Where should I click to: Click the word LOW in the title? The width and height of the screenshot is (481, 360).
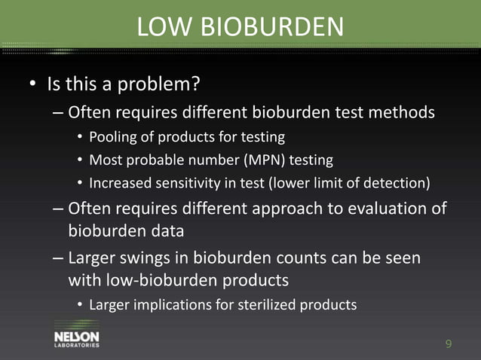[162, 27]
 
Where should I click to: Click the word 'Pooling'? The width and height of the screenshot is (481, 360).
[112, 137]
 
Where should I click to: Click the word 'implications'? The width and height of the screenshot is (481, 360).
[179, 305]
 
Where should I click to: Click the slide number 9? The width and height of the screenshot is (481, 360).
[449, 345]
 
